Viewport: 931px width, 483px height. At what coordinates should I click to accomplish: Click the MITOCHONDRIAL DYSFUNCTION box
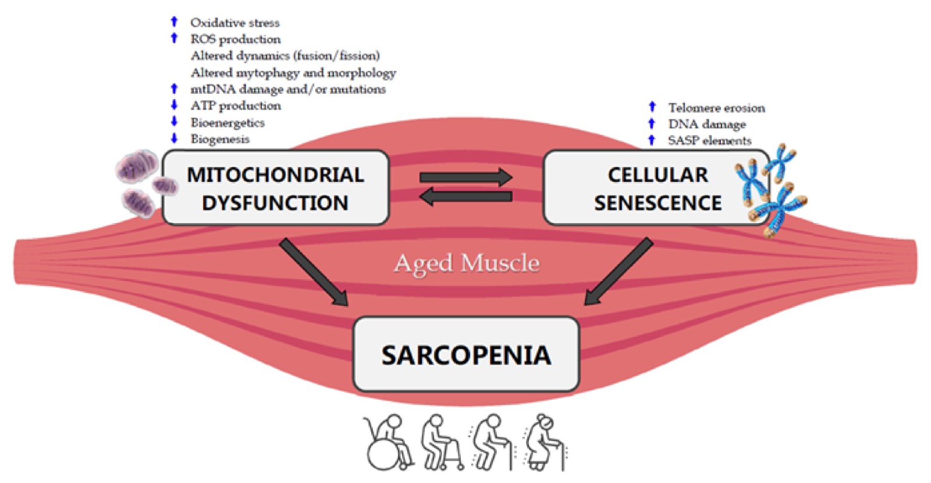[275, 188]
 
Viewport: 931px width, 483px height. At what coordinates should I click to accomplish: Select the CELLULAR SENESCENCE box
[657, 188]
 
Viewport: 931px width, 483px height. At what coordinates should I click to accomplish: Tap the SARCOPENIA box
[466, 354]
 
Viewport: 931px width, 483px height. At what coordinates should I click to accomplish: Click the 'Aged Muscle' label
[467, 263]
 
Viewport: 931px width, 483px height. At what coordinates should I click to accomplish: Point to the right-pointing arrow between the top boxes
[465, 177]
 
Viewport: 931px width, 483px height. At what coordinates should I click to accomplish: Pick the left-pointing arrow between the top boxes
[465, 197]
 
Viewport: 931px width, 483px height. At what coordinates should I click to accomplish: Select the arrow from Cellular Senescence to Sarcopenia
[618, 272]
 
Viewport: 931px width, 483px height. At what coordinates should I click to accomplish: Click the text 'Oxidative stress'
[235, 23]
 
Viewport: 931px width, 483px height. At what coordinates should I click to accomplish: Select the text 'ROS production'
[236, 39]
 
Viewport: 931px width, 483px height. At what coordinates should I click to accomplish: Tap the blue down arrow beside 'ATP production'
[174, 105]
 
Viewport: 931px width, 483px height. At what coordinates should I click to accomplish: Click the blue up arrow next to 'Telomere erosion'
[652, 107]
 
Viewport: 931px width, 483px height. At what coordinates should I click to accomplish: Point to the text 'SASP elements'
[709, 140]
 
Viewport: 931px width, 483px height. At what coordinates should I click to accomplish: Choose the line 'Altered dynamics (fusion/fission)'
[285, 55]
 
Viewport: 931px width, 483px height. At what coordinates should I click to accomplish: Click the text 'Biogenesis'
[220, 139]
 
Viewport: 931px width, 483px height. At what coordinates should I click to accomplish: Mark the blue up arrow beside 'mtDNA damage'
[174, 89]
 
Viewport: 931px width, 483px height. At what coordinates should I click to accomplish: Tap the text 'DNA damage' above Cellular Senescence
[706, 124]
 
